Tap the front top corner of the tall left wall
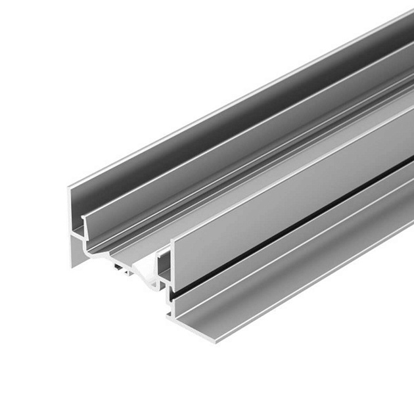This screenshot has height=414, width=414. pos(69,188)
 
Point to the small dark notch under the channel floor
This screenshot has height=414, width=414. pos(120,267)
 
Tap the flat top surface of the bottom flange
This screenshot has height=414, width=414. pos(296,276)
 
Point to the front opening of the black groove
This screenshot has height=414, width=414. pos(172,297)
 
